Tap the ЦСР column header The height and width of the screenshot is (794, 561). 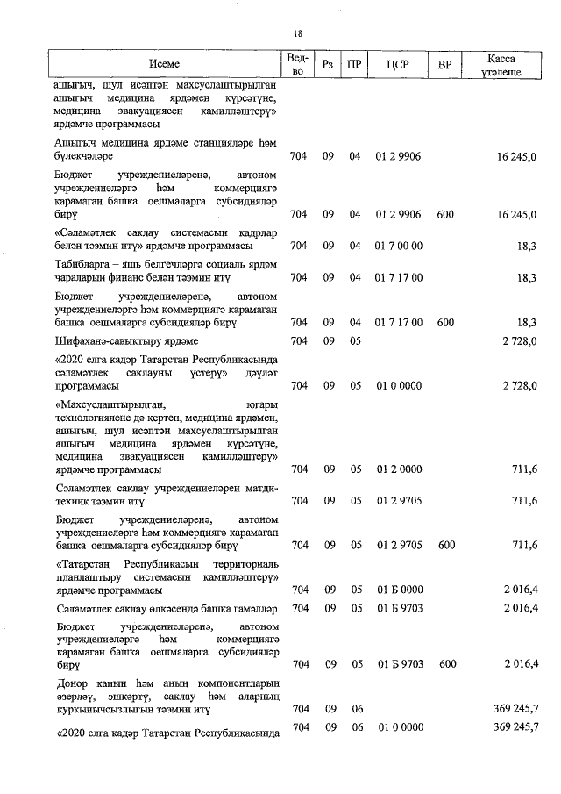coord(398,64)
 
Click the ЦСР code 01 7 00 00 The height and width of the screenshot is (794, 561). coord(399,247)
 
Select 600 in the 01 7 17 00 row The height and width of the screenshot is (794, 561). coord(445,322)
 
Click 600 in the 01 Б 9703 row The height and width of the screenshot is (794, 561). coord(447,663)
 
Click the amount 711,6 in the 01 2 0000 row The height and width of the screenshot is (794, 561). coord(522,470)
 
